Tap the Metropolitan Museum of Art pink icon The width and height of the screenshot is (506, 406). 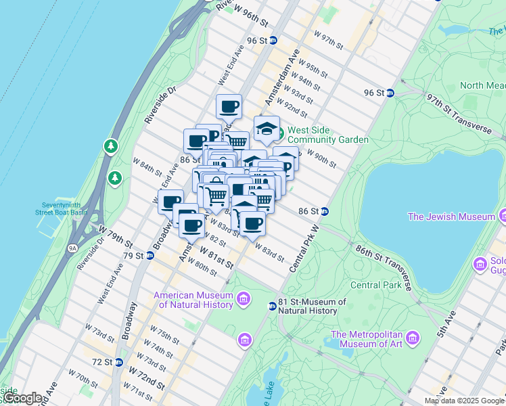[413, 337]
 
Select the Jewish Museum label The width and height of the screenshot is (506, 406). [451, 217]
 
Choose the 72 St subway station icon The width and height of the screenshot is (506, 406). [118, 363]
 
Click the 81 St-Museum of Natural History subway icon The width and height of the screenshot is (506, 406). [272, 306]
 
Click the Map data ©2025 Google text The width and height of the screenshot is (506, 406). [464, 401]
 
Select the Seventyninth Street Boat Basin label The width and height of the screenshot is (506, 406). [62, 208]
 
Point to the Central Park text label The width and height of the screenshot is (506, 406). [375, 285]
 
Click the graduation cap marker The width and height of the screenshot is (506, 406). [267, 128]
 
